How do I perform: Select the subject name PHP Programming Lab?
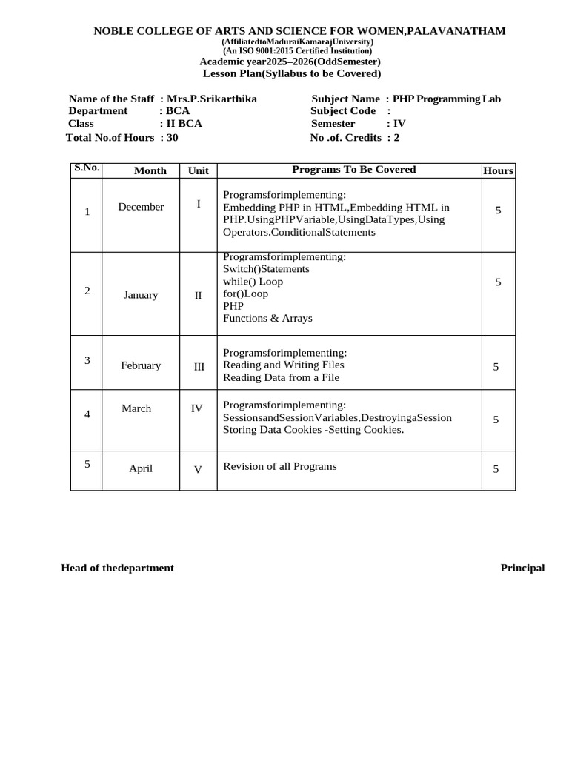447,99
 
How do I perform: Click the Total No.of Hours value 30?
173,137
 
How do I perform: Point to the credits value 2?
397,137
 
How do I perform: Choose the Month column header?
150,170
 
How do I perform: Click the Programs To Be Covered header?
354,170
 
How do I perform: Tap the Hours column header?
498,170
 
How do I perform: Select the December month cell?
141,207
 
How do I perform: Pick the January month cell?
141,295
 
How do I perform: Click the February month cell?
141,365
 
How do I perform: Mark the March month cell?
136,408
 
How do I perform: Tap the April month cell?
141,468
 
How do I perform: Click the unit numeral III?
199,366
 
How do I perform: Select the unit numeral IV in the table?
197,408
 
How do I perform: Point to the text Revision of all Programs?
280,466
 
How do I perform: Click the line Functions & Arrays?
267,319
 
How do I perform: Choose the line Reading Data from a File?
281,377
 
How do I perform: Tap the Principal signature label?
522,569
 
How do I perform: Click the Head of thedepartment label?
117,569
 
